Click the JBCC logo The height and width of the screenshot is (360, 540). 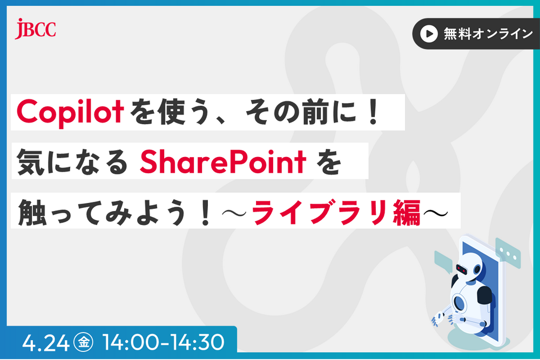36,29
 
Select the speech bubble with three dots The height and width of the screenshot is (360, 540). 507,254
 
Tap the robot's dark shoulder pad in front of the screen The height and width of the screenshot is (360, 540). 484,294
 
